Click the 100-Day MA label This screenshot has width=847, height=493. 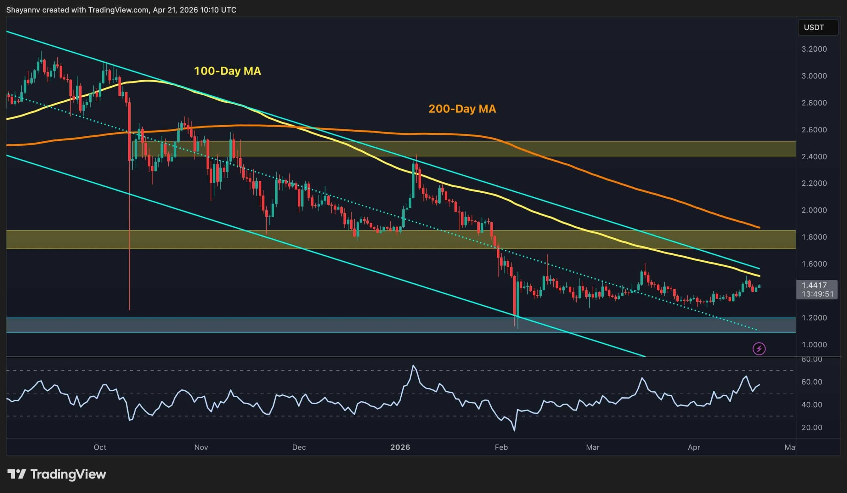228,71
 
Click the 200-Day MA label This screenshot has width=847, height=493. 462,109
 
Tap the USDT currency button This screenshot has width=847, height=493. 814,27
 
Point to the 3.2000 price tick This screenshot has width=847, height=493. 814,49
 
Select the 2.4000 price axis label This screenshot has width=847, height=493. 814,156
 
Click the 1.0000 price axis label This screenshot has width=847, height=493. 814,344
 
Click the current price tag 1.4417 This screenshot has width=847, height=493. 814,285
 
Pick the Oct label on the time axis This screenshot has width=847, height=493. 100,447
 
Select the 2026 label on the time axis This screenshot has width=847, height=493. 400,447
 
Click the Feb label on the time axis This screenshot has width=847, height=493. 501,447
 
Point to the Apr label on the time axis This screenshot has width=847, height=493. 694,447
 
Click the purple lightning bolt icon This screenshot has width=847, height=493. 759,349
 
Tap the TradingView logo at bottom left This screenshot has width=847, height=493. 57,474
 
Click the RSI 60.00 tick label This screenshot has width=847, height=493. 812,382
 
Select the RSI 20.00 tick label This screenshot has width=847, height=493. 812,427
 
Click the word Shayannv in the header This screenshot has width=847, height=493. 23,10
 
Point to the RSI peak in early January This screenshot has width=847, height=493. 414,366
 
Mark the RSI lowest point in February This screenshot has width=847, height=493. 514,430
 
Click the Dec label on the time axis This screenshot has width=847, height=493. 299,447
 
